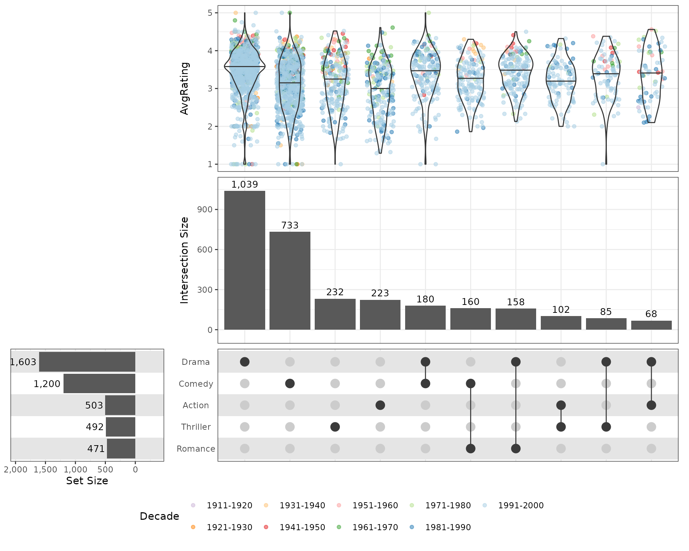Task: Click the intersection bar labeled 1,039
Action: pyautogui.click(x=245, y=260)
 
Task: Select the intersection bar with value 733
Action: pyautogui.click(x=290, y=281)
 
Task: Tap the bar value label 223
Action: pyautogui.click(x=380, y=293)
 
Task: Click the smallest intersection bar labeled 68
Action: pyautogui.click(x=651, y=325)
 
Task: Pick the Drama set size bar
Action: pyautogui.click(x=87, y=362)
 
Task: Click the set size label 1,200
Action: pyautogui.click(x=47, y=384)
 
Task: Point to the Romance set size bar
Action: pyautogui.click(x=121, y=448)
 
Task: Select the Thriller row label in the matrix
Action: pyautogui.click(x=196, y=427)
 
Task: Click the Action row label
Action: pyautogui.click(x=196, y=405)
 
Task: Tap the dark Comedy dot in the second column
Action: pyautogui.click(x=290, y=383)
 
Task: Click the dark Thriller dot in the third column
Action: pyautogui.click(x=335, y=427)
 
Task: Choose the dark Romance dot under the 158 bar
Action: pyautogui.click(x=516, y=448)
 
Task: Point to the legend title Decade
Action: pyautogui.click(x=159, y=516)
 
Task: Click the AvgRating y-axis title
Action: pyautogui.click(x=184, y=88)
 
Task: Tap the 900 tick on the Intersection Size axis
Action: pyautogui.click(x=205, y=209)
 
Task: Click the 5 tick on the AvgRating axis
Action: pyautogui.click(x=210, y=13)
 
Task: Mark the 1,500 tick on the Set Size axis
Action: pyautogui.click(x=46, y=470)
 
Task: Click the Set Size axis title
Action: pyautogui.click(x=87, y=481)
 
